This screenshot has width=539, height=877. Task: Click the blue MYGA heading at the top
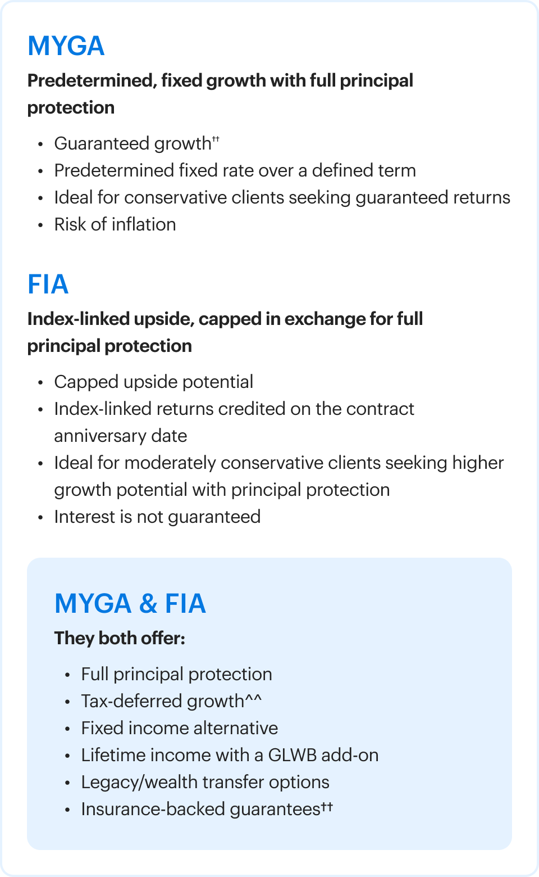click(x=66, y=46)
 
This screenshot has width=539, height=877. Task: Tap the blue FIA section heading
click(x=48, y=284)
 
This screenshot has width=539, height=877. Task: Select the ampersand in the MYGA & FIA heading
click(x=148, y=604)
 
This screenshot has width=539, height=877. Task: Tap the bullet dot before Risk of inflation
click(x=40, y=225)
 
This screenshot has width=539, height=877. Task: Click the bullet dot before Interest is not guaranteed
click(x=40, y=518)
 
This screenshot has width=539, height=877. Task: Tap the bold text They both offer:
click(x=120, y=639)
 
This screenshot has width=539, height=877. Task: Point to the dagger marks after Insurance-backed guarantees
click(x=327, y=807)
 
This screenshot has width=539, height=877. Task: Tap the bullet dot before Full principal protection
click(x=67, y=675)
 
